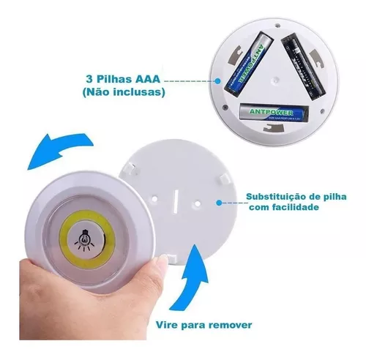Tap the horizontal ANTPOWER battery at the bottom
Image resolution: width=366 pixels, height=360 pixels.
point(273,113)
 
